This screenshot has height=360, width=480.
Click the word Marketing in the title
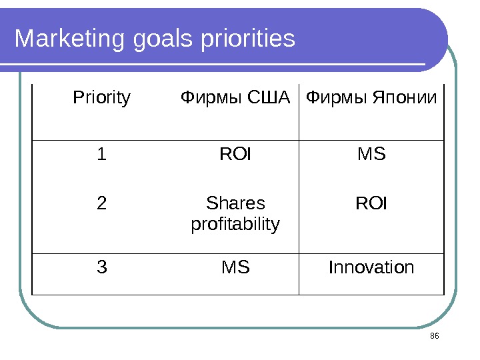[x=69, y=39]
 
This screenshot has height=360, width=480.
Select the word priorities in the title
[x=248, y=38]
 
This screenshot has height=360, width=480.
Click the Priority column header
[x=101, y=98]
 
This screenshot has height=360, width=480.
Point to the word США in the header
[x=269, y=97]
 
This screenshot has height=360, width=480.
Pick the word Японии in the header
[x=405, y=97]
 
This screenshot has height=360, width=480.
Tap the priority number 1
[x=101, y=154]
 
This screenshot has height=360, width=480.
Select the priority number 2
[x=101, y=203]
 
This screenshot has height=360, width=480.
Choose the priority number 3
[x=102, y=267]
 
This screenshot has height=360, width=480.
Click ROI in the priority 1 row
[x=235, y=154]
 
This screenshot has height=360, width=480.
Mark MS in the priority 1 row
[x=371, y=154]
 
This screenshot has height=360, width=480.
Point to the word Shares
[x=235, y=203]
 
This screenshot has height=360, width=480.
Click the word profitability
[x=235, y=225]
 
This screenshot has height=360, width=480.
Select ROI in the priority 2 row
[x=371, y=203]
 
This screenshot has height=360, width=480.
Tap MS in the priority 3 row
[x=235, y=267]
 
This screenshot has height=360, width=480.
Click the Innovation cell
[x=371, y=267]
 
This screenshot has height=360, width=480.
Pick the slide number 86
[x=435, y=336]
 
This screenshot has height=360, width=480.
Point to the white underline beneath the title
[x=213, y=64]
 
